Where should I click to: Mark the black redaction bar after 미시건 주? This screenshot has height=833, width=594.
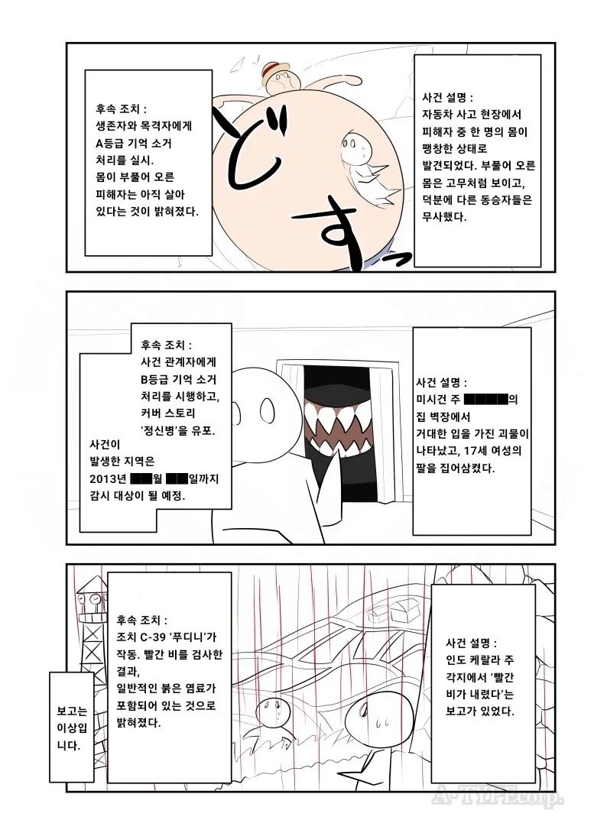pos(485,399)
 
